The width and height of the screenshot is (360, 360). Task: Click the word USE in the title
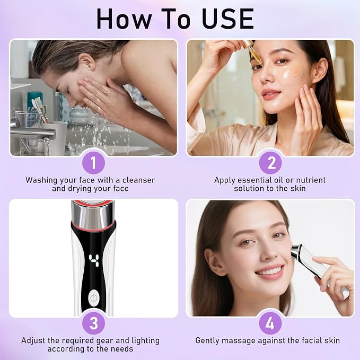click(x=228, y=19)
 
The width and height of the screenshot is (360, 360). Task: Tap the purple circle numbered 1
click(x=93, y=163)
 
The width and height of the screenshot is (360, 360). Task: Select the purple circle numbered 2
click(x=270, y=163)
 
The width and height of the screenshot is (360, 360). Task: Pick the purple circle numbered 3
click(x=93, y=323)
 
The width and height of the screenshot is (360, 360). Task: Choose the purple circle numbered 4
click(x=270, y=323)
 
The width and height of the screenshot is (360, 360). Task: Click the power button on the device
click(x=94, y=298)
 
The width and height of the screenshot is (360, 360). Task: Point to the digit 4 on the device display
click(x=94, y=260)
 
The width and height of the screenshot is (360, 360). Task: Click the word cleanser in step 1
click(x=139, y=180)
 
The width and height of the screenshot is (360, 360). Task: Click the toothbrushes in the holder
click(x=39, y=110)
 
